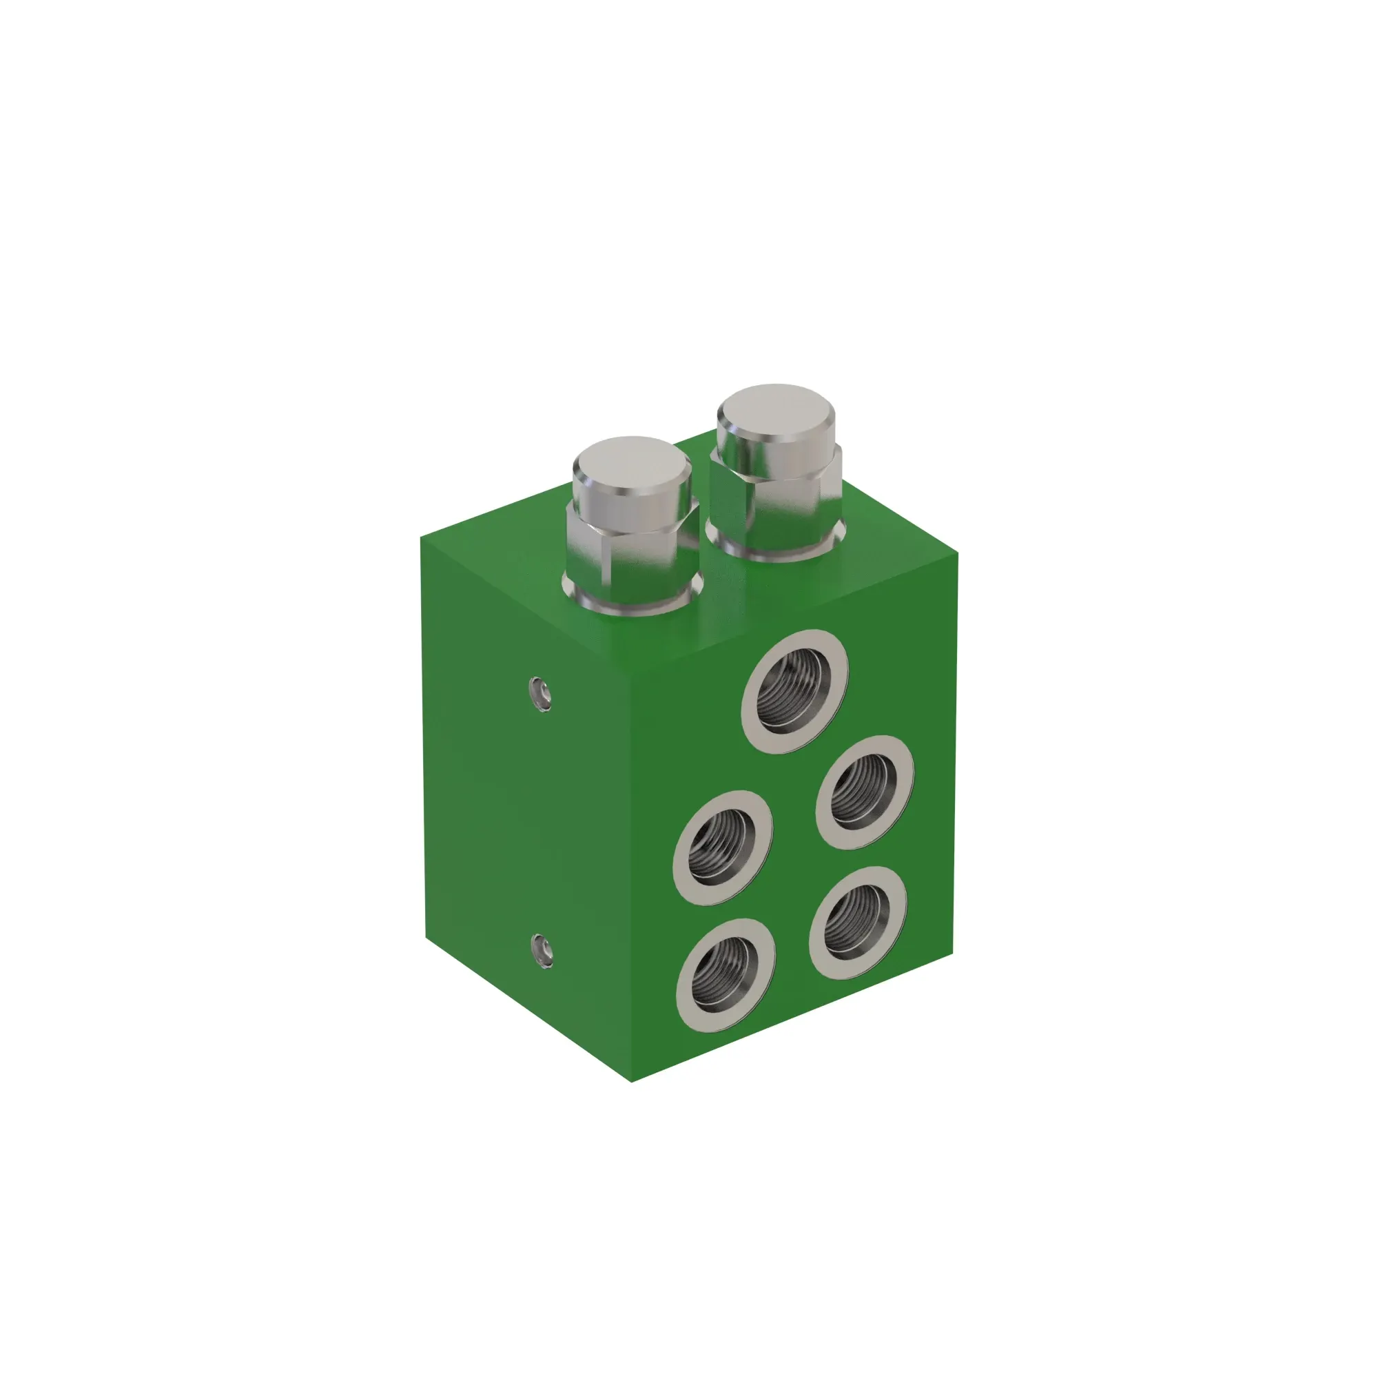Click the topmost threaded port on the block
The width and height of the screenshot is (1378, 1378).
click(x=794, y=690)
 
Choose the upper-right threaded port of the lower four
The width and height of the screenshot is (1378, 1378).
click(x=865, y=792)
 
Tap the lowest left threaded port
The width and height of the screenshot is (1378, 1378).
click(x=726, y=974)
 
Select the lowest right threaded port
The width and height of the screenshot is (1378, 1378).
click(x=858, y=921)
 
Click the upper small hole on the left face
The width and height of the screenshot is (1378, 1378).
click(x=541, y=692)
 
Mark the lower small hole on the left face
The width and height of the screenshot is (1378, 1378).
click(x=542, y=950)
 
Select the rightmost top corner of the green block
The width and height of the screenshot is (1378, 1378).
click(x=957, y=553)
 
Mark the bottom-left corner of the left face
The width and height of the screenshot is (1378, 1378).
click(x=426, y=937)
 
